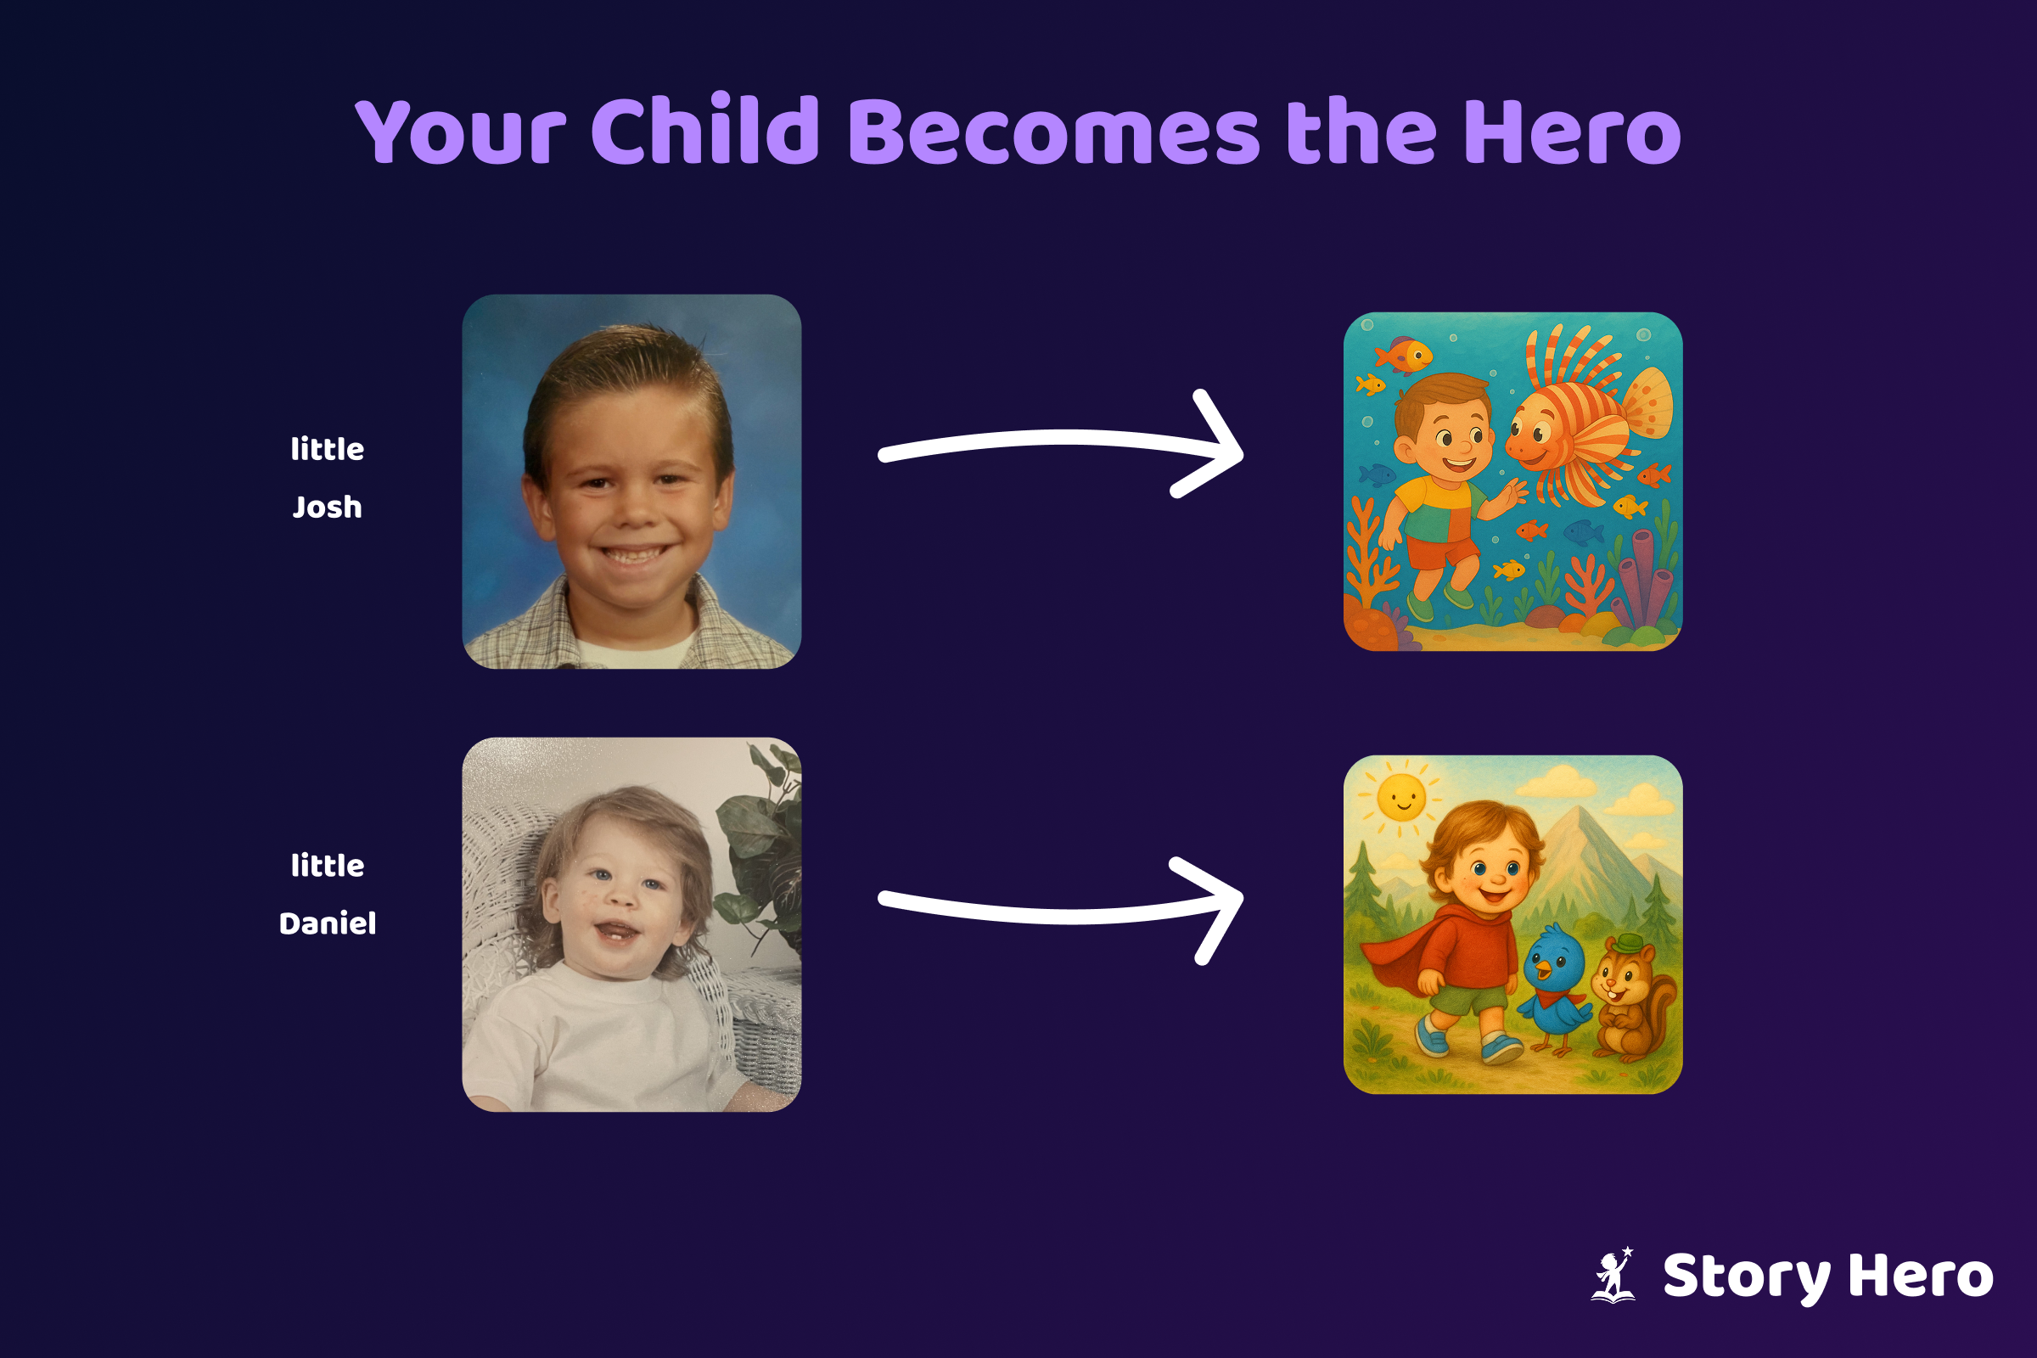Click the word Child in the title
click(x=705, y=129)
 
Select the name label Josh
click(x=328, y=507)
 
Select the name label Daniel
click(x=328, y=923)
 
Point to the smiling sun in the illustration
click(x=1401, y=796)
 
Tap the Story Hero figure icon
click(x=1613, y=1275)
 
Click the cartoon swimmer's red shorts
click(x=1440, y=551)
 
